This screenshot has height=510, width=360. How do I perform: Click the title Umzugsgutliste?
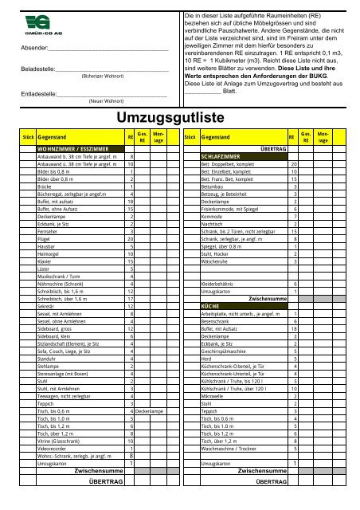(x=179, y=117)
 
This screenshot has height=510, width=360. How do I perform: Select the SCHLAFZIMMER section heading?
(x=223, y=156)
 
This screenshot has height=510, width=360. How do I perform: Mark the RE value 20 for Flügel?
(x=129, y=239)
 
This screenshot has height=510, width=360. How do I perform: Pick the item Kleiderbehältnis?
(x=221, y=284)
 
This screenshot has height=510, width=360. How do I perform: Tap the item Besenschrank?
(x=218, y=320)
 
